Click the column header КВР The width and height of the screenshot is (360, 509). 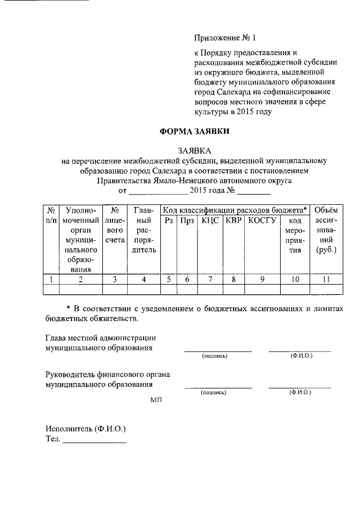[x=233, y=220]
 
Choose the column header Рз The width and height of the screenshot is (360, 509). [x=169, y=220]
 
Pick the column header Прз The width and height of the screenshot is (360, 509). [x=187, y=220]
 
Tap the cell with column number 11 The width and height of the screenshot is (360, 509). [x=326, y=278]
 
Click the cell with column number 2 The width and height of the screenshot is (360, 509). [x=80, y=278]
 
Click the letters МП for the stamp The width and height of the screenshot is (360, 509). [x=156, y=400]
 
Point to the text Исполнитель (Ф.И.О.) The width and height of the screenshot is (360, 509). [x=85, y=429]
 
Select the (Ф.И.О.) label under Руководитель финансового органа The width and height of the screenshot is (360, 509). [x=300, y=392]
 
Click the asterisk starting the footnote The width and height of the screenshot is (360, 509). [x=68, y=310]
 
